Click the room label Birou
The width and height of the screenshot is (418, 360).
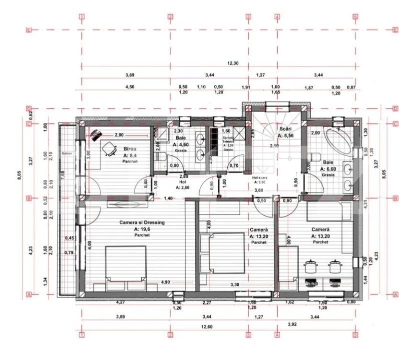coord(130,148)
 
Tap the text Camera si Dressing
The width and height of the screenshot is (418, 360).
coord(142,222)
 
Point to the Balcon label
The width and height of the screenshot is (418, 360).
coord(67,153)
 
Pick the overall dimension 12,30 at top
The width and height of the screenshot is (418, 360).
coord(233,63)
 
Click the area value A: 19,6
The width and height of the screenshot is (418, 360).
coord(142,229)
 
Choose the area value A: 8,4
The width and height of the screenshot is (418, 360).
coord(131,155)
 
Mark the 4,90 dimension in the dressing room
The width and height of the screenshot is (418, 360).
coord(165,282)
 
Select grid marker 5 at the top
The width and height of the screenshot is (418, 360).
coord(355,16)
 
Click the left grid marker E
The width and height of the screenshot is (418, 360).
coord(29,30)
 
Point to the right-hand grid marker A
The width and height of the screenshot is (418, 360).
coord(396,295)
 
